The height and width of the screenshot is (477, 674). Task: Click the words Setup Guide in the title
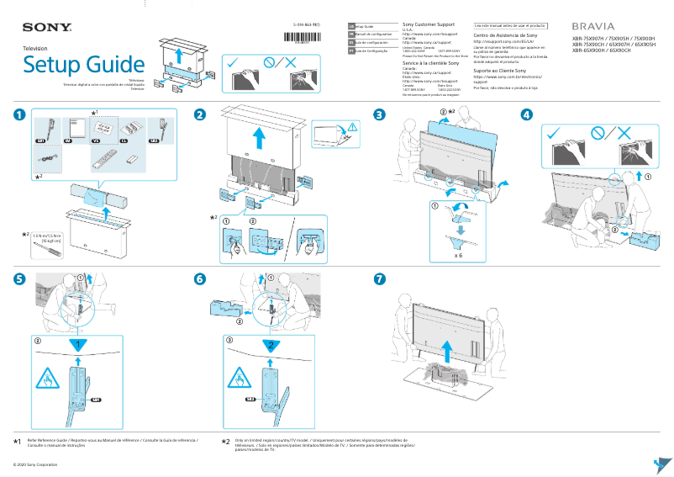tap(84, 65)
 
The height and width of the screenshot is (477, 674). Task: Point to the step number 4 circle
tap(526, 114)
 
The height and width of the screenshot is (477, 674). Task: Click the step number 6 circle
tap(199, 278)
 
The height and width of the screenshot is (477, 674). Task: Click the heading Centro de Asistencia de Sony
tap(505, 36)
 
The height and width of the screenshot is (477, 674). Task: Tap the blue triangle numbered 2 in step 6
tap(271, 346)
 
